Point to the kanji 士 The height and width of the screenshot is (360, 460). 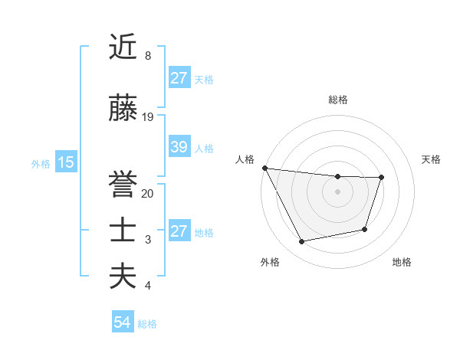pyautogui.click(x=123, y=231)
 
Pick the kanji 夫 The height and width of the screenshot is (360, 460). pyautogui.click(x=123, y=277)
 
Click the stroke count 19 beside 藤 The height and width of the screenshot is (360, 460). pyautogui.click(x=148, y=117)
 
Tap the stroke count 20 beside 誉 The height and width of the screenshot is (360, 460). pyautogui.click(x=148, y=194)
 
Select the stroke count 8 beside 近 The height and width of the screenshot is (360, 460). pyautogui.click(x=147, y=56)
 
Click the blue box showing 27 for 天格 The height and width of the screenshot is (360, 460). pyautogui.click(x=179, y=78)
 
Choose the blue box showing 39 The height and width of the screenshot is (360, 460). pyautogui.click(x=179, y=147)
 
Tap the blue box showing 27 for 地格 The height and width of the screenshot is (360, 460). pyautogui.click(x=179, y=231)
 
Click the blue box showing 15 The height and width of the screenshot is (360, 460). pyautogui.click(x=65, y=162)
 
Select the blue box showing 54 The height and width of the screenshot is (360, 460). pyautogui.click(x=123, y=322)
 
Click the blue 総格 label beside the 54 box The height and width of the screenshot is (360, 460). pyautogui.click(x=147, y=324)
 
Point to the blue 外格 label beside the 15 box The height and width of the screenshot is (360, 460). pyautogui.click(x=41, y=163)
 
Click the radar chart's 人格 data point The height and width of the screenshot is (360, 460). pyautogui.click(x=264, y=168)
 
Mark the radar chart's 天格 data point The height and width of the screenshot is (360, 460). pyautogui.click(x=382, y=178)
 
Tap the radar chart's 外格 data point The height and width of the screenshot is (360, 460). pyautogui.click(x=301, y=242)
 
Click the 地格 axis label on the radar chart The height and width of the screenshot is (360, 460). pyautogui.click(x=402, y=263)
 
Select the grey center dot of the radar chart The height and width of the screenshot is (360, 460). pyautogui.click(x=337, y=191)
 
